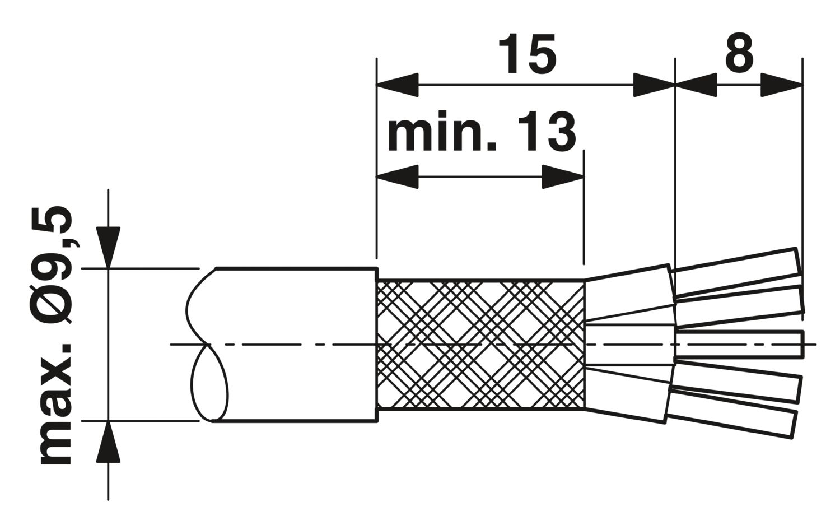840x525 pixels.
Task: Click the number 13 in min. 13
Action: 547,131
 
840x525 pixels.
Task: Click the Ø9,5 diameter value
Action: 56,264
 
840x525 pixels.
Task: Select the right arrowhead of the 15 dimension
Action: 654,85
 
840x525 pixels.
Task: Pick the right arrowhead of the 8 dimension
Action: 782,85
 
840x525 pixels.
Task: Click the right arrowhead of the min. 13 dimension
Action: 563,176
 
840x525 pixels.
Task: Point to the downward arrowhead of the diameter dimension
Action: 109,248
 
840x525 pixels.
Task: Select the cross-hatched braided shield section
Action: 480,344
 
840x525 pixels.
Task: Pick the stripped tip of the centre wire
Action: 740,343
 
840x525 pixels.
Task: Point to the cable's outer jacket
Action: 296,345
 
